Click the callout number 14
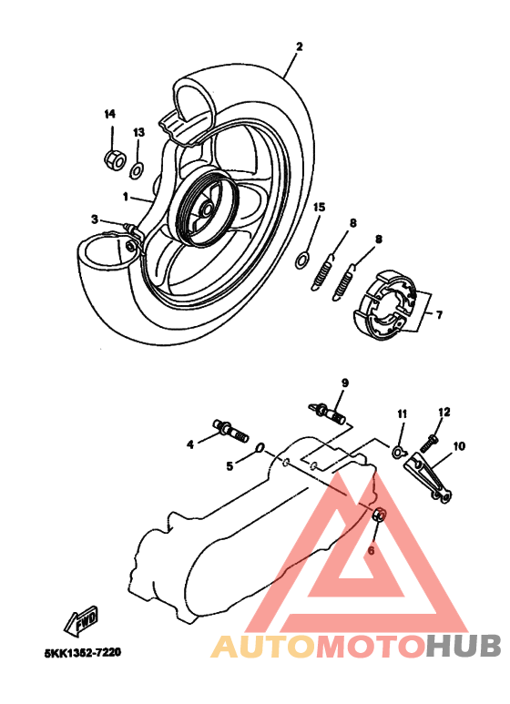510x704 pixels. point(110,114)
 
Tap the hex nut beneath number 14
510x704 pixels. point(116,160)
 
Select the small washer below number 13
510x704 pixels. point(137,168)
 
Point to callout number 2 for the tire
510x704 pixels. point(299,46)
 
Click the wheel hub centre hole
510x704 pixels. point(205,209)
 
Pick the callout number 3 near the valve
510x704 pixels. point(94,219)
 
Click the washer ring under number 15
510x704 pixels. point(301,261)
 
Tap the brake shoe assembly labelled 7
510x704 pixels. point(389,303)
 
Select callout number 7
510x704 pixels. point(438,315)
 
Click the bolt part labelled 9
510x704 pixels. point(332,413)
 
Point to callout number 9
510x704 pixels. point(345,382)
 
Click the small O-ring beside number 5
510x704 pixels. point(261,447)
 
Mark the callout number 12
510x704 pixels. point(444,413)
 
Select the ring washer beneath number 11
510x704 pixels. point(398,451)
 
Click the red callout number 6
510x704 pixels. point(371,550)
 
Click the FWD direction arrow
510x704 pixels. point(82,621)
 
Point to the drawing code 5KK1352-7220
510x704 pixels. point(82,653)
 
